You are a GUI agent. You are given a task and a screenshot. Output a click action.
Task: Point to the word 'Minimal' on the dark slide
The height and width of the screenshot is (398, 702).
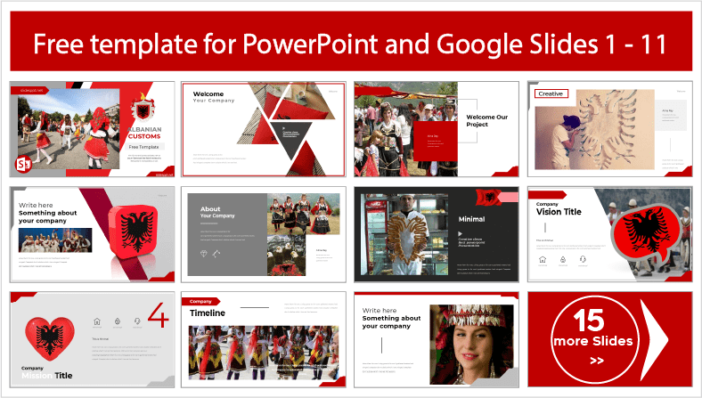(x=471, y=219)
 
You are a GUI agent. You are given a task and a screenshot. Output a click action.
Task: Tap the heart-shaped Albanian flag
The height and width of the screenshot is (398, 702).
(x=50, y=339)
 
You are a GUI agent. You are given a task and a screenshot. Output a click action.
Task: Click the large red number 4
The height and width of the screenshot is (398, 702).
(x=158, y=316)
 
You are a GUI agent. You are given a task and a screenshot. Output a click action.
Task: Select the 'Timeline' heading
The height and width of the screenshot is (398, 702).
(x=207, y=313)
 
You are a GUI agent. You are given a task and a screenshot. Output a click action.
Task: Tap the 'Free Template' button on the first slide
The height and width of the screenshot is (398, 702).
(x=145, y=145)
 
